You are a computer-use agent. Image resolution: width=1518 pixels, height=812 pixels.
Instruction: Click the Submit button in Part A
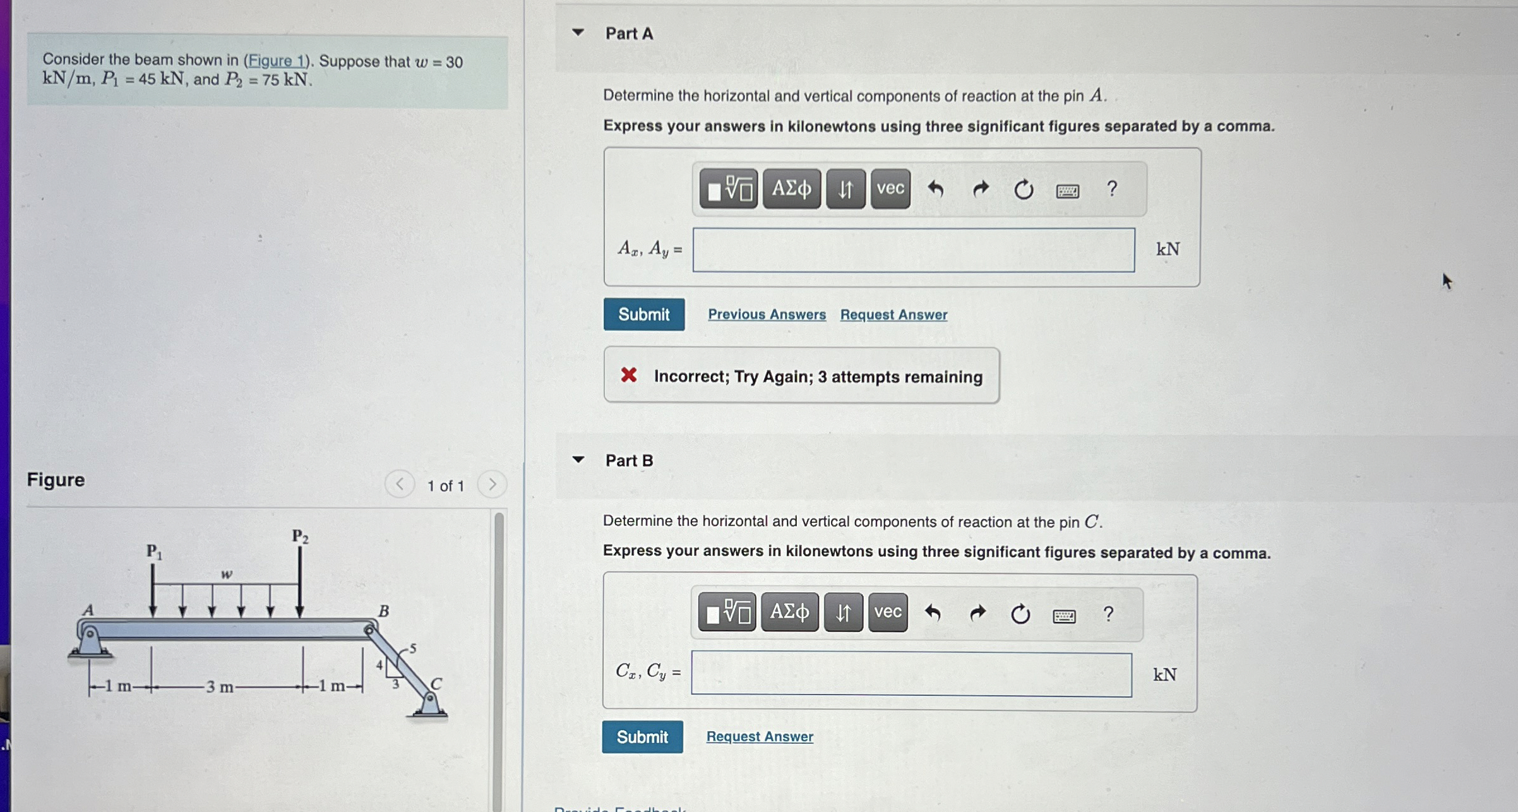643,314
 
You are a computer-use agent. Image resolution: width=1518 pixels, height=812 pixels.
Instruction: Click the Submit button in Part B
642,737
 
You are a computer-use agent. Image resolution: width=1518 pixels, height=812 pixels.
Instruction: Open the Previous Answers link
767,314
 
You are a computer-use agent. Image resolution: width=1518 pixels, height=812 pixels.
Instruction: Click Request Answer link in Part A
893,314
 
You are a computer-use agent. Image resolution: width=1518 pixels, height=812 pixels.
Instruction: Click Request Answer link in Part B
760,736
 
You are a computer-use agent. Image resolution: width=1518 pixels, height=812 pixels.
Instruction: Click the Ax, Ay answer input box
913,250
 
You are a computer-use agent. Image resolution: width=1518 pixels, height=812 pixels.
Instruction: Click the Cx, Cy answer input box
911,674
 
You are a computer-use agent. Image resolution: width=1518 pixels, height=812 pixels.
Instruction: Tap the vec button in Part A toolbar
890,188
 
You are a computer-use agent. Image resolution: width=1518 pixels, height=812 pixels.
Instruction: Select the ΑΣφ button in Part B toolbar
789,612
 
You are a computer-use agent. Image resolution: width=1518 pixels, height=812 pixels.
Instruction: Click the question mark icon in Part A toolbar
1112,188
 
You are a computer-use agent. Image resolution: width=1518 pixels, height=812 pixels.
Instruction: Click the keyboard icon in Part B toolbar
1064,616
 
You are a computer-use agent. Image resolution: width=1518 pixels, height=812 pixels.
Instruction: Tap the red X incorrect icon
628,375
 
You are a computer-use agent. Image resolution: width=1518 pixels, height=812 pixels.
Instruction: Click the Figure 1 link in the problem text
277,61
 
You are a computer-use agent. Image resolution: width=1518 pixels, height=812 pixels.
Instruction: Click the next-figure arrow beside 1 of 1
493,484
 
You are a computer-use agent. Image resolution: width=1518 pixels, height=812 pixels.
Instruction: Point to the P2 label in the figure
300,537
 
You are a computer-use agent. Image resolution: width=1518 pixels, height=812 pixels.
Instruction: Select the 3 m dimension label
220,687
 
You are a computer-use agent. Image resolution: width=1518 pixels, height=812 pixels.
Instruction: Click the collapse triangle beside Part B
578,460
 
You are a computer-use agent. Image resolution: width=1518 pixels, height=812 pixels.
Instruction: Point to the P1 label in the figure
154,551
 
